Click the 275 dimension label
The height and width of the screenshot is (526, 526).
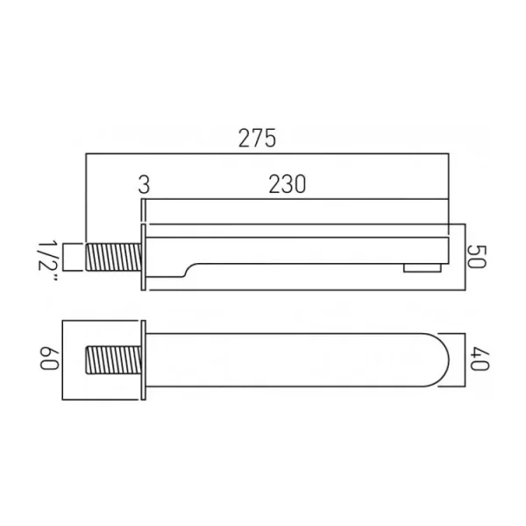pos(257,139)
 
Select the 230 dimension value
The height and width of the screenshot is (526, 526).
pos(287,185)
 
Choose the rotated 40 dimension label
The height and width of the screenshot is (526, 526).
pos(477,359)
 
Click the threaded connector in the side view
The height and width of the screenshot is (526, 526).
pos(114,257)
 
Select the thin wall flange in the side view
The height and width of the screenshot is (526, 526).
pos(144,255)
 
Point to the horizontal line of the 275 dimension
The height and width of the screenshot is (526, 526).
pos(263,155)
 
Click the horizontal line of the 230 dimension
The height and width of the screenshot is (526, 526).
pos(298,201)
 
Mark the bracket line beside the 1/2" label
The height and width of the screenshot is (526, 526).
pos(71,257)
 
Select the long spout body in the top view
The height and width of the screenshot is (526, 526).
pos(289,359)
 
